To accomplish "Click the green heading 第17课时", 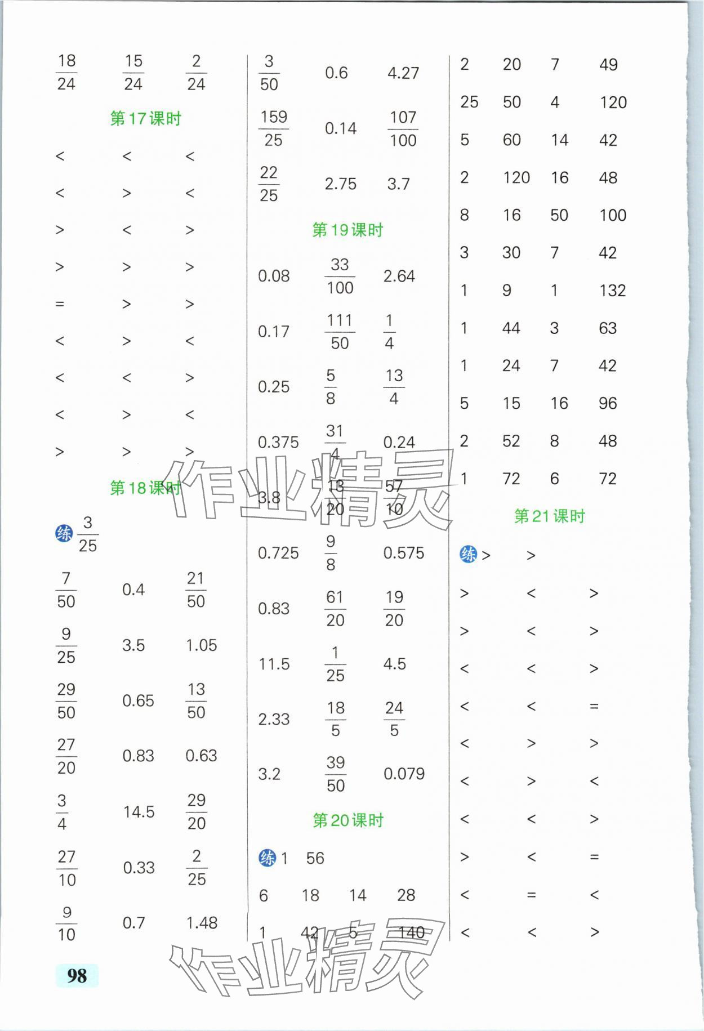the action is (146, 119).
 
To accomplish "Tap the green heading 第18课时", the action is (146, 488).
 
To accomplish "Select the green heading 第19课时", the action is (347, 230).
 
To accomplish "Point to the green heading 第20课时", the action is (348, 820).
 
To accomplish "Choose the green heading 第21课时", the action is (550, 516).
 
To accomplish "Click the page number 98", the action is (77, 975).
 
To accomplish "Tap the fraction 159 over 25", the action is (274, 128).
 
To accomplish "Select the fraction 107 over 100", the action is (403, 129).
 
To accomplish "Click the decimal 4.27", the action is (403, 73).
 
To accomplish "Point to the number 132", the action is (612, 291).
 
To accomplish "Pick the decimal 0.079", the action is (404, 774).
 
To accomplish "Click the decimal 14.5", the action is (139, 812).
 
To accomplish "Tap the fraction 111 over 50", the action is (340, 332).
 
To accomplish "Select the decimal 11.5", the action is (274, 664).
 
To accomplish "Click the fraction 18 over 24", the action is (66, 73).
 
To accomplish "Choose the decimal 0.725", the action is (278, 553).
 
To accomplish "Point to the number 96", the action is (608, 403).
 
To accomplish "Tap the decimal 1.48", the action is (202, 923).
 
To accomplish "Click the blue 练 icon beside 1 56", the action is (267, 858).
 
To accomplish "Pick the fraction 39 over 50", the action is (336, 774).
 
